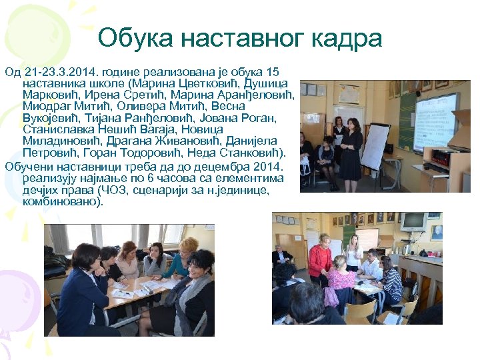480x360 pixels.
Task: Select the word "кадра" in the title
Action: [347, 38]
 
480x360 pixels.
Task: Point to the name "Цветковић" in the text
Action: [199, 83]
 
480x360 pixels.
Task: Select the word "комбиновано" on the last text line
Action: [61, 200]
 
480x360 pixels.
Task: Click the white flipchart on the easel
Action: [375, 147]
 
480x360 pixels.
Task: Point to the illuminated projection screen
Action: [435, 120]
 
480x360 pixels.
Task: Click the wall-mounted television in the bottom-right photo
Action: [413, 221]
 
